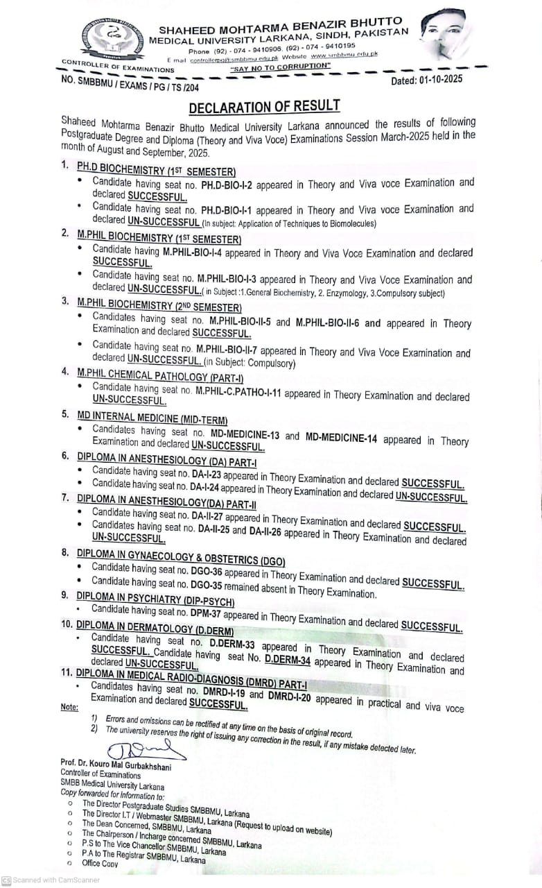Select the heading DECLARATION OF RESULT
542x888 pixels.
pyautogui.click(x=264, y=106)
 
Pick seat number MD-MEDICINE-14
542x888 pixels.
pyautogui.click(x=342, y=438)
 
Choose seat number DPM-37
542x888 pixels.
pyautogui.click(x=203, y=615)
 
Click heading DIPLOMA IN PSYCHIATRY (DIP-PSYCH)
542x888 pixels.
pyautogui.click(x=155, y=599)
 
